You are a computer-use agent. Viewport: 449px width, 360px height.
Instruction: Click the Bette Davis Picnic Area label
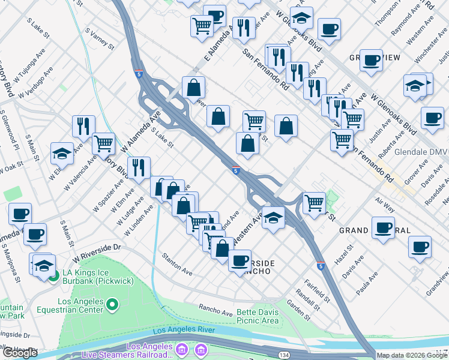pyautogui.click(x=258, y=316)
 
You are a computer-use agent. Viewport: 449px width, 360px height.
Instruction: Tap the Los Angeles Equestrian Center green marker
pyautogui.click(x=112, y=306)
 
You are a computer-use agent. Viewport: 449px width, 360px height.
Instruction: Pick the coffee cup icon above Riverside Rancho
pyautogui.click(x=240, y=260)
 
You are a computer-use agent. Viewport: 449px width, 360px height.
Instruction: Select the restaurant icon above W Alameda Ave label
pyautogui.click(x=83, y=126)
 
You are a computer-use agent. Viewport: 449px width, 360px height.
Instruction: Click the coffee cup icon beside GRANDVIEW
pyautogui.click(x=372, y=61)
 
